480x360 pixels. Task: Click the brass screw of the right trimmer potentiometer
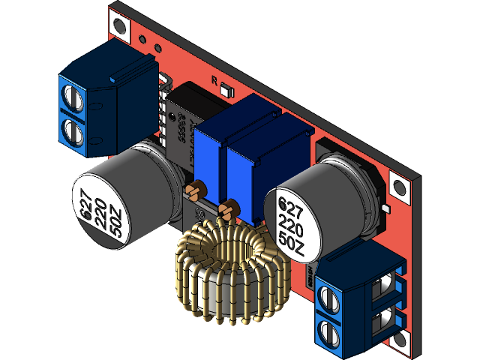click(x=229, y=209)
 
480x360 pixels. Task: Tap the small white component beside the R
click(x=227, y=90)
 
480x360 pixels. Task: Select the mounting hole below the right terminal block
click(x=403, y=342)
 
